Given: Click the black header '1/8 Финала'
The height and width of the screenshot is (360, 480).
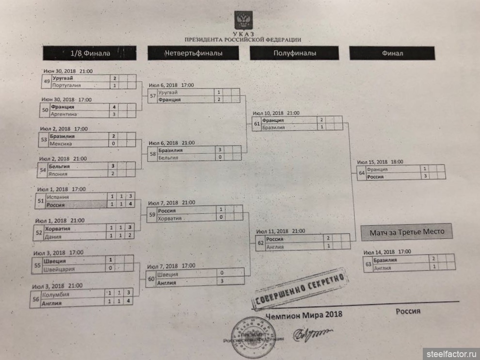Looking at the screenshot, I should point(89,52).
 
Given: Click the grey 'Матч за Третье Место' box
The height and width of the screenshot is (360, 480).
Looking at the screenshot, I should point(406,232).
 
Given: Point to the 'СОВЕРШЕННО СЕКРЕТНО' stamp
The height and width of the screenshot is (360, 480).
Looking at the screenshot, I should point(301,290).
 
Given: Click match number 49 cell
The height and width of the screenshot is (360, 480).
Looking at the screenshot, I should point(47,82).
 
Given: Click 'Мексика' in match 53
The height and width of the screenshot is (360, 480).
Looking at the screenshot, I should point(62,144).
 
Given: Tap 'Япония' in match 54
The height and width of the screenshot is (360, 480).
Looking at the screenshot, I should point(58,173).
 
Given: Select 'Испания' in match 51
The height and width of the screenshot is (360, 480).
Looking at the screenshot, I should point(58,197).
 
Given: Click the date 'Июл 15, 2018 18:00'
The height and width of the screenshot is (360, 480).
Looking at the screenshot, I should point(380,162).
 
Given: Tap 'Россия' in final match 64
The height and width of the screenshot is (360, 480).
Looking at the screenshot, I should point(376,177).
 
